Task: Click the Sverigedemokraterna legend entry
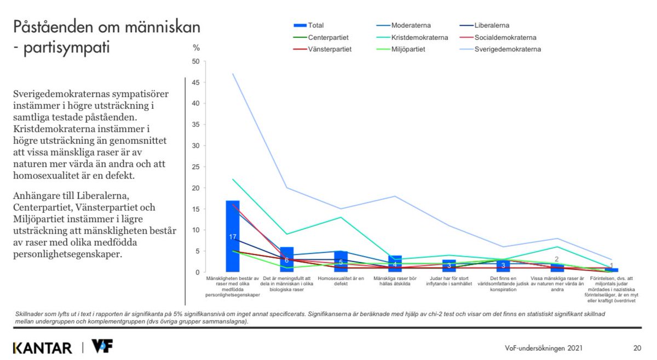point(507,49)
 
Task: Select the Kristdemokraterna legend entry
point(419,38)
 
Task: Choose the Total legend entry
point(315,25)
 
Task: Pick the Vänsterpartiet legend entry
point(329,49)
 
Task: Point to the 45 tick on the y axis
point(195,83)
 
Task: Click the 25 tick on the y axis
point(195,167)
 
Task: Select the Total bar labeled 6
point(287,259)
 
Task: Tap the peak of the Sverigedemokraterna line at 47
point(233,74)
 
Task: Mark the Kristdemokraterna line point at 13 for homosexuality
point(341,217)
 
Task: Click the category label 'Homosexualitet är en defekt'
point(341,281)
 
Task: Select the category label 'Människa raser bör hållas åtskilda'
point(395,281)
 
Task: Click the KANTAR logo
point(42,348)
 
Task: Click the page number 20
point(637,348)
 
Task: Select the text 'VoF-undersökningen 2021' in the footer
point(544,348)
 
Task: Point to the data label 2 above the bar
point(557,259)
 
